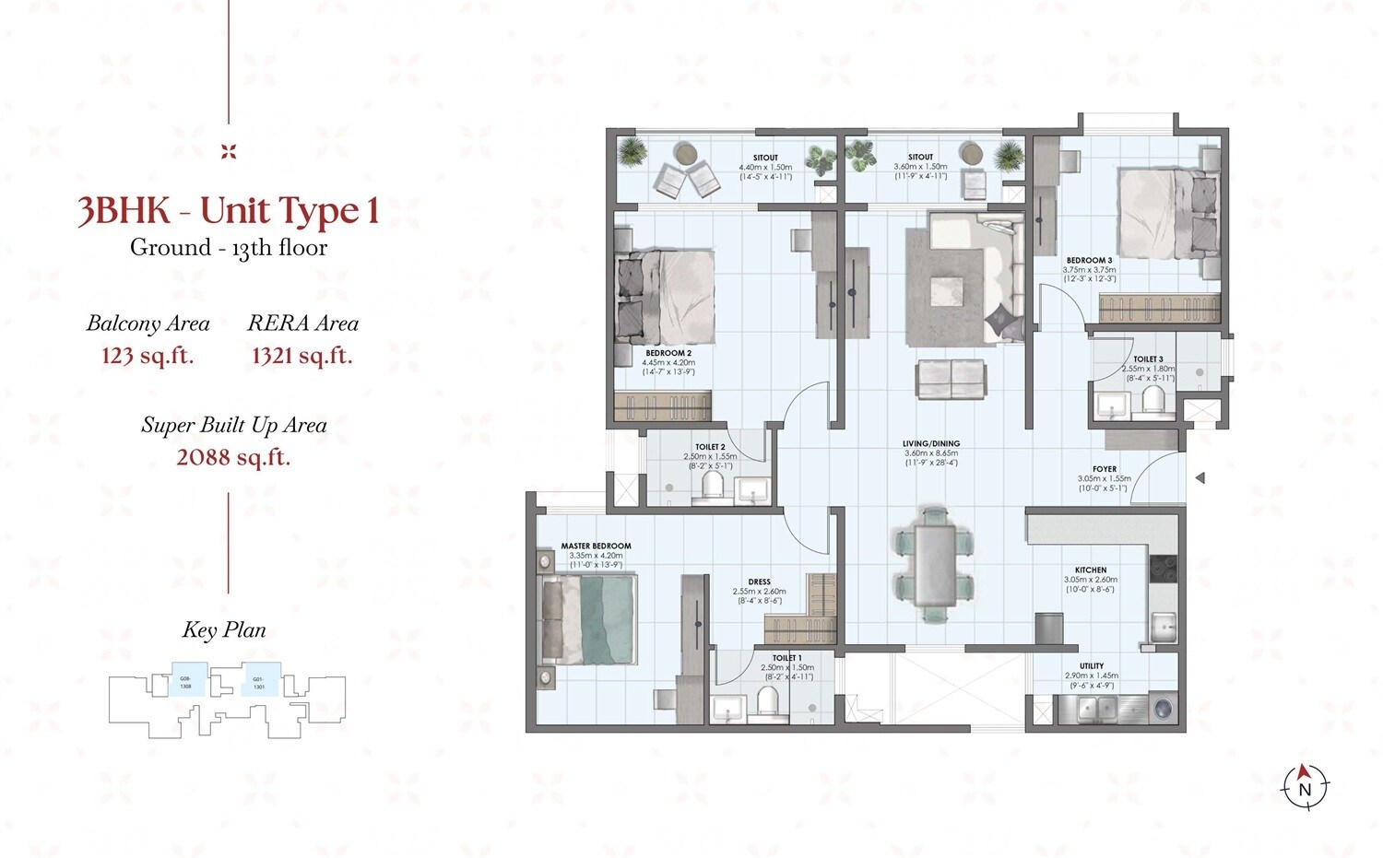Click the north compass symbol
(1305, 786)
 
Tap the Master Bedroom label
(596, 547)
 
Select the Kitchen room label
(1091, 570)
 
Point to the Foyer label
(1104, 470)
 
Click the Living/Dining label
(930, 444)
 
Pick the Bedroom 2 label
(668, 353)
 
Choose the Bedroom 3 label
(1089, 261)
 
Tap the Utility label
(1092, 666)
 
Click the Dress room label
(759, 582)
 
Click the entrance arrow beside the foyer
(1200, 478)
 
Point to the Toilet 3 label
(1148, 359)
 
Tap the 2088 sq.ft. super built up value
(233, 457)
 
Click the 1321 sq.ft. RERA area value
(302, 356)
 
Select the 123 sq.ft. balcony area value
(148, 356)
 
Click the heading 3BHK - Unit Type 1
(229, 211)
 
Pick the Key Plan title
(224, 630)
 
